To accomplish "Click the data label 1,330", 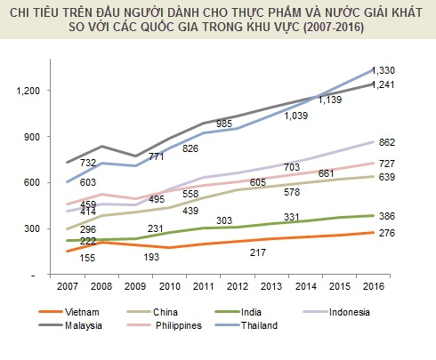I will click(384, 70).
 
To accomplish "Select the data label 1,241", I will click(384, 85).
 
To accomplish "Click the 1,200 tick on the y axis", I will click(29, 90).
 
